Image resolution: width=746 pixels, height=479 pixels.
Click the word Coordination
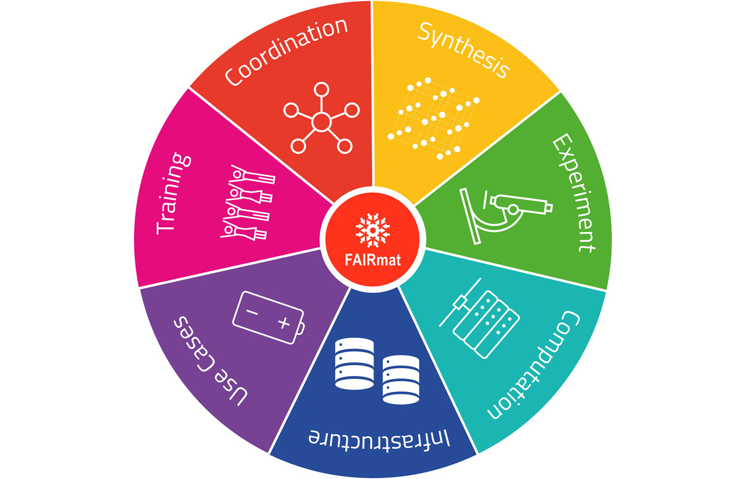coord(286,52)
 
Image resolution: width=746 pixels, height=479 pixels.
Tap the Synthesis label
coord(464,50)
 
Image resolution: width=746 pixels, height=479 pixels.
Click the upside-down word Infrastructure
coord(379,440)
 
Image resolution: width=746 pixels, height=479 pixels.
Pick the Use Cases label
coord(210,361)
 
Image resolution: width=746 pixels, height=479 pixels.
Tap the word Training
coord(173,193)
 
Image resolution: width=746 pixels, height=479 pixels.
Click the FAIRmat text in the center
coord(372,260)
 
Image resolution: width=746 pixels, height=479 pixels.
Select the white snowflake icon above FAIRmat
coord(372,230)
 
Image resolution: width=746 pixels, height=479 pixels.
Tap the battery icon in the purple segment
coord(269,318)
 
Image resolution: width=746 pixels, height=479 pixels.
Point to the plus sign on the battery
coord(283,323)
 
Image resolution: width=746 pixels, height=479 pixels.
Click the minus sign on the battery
coord(252,312)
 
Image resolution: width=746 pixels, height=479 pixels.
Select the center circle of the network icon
coord(321,122)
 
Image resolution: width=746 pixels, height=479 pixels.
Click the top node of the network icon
coord(321,89)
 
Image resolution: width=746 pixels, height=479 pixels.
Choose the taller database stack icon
coord(354,364)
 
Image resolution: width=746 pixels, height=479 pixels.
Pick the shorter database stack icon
coord(401,379)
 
